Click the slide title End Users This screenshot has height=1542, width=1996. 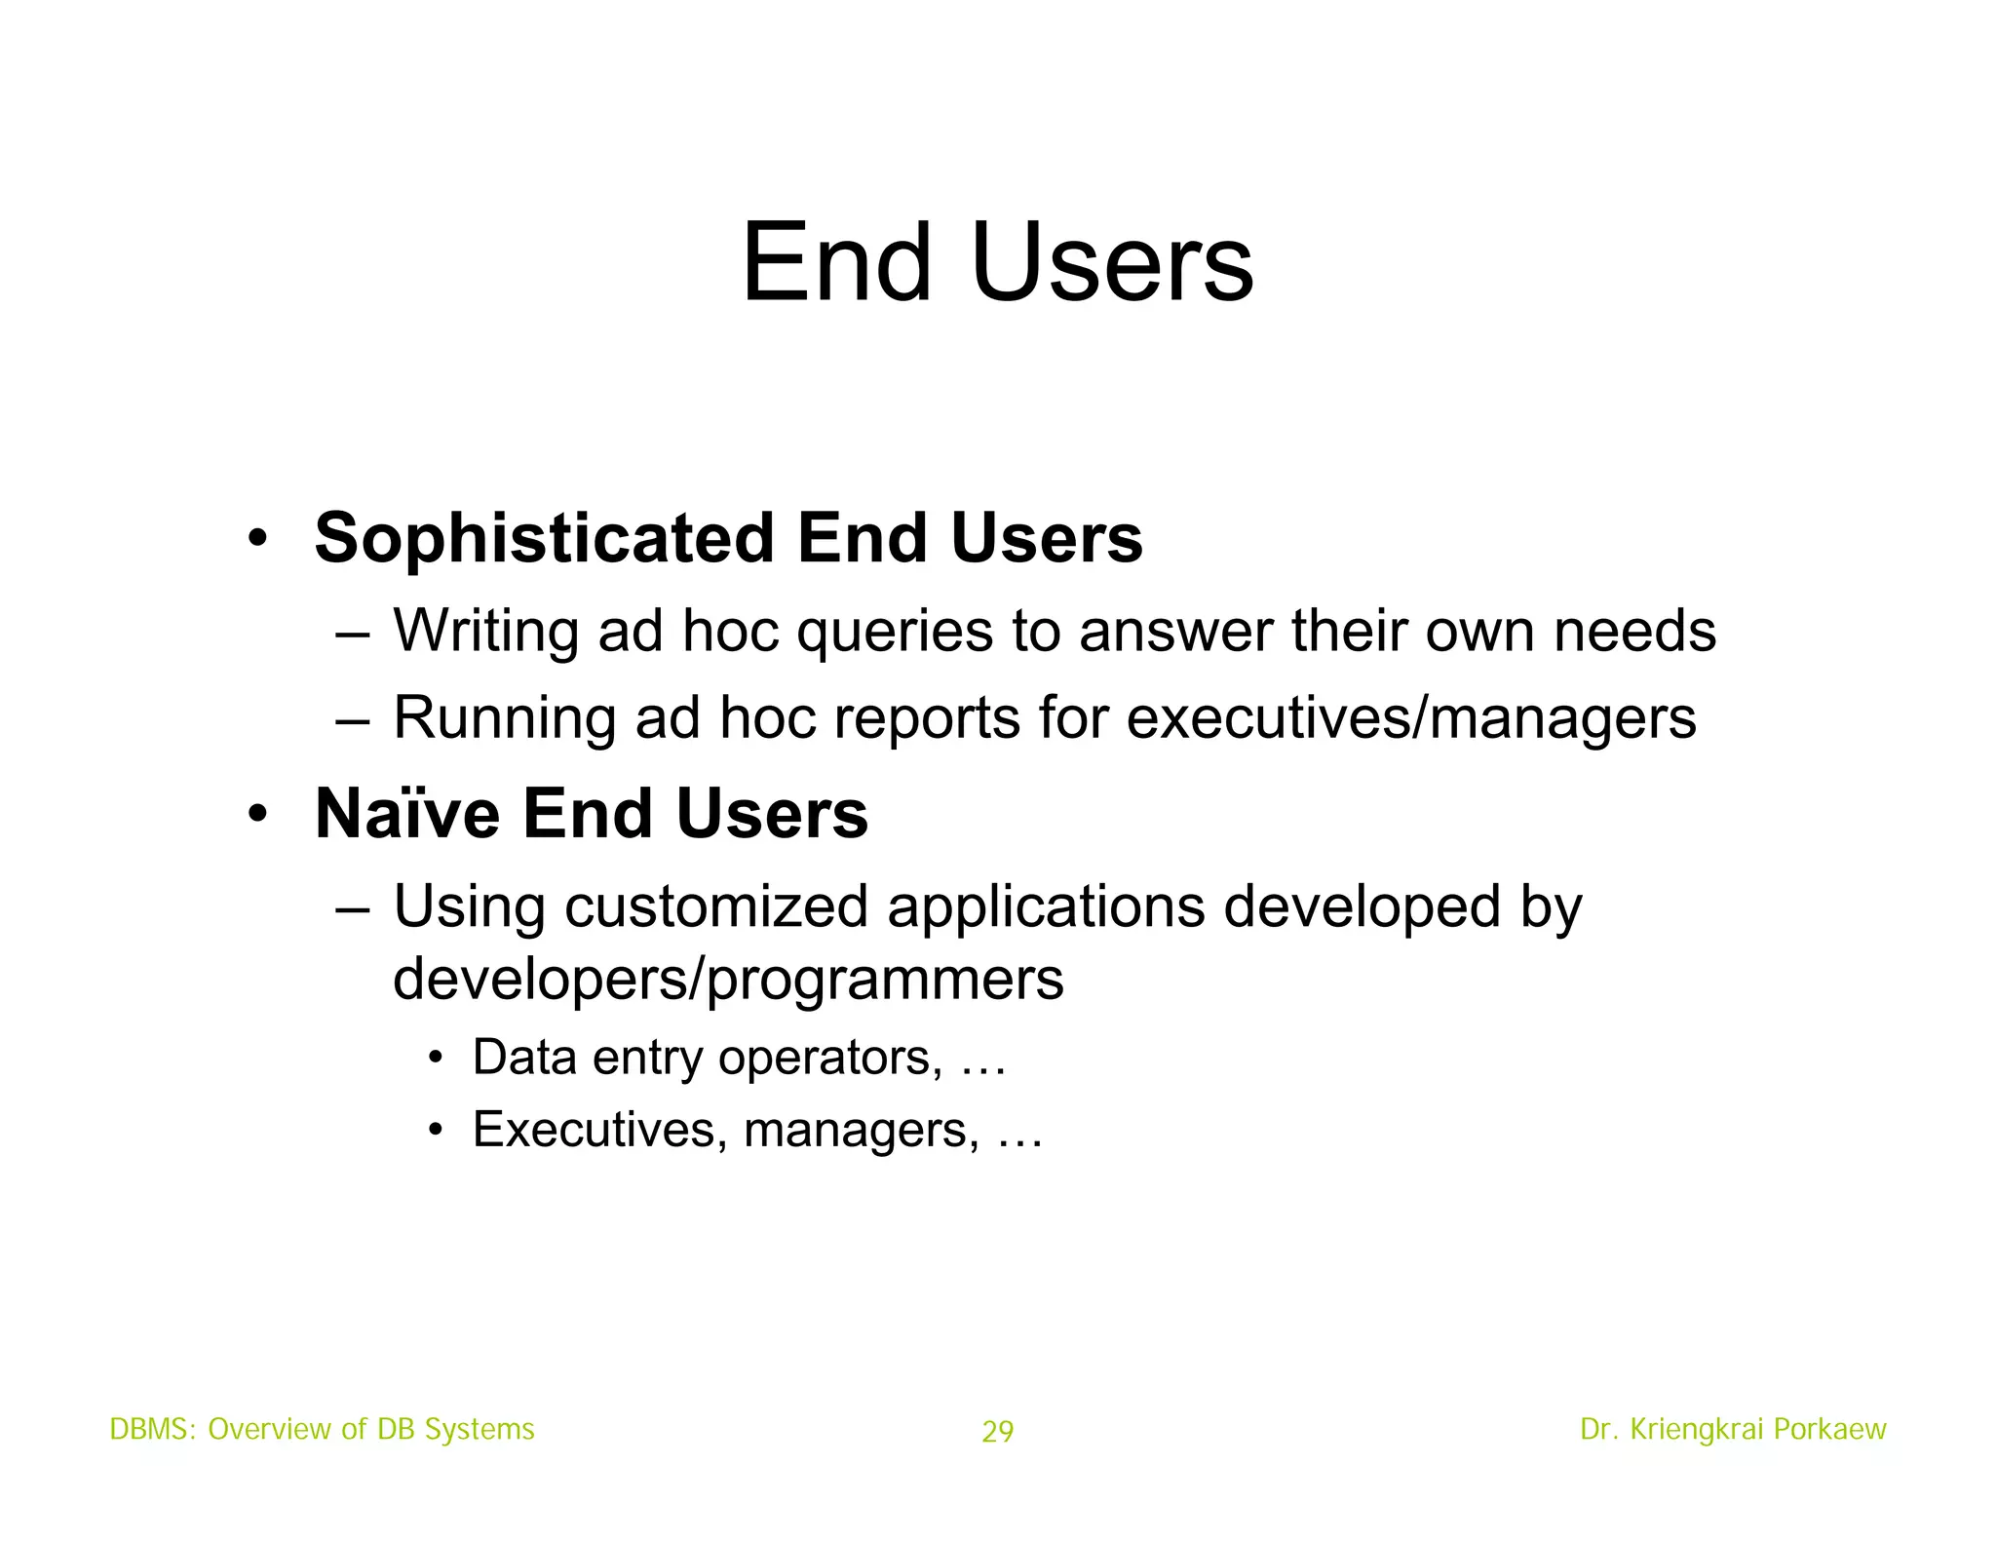[x=997, y=263]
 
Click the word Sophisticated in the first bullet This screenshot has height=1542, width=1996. [x=544, y=538]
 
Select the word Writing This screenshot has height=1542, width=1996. [x=485, y=631]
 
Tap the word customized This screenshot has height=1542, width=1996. [x=716, y=906]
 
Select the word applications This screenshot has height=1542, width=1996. [x=1046, y=906]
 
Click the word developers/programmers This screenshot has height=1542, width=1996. [x=728, y=979]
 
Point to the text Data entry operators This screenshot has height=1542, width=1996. [x=707, y=1058]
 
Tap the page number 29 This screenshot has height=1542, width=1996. [x=997, y=1432]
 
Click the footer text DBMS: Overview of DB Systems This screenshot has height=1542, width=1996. [x=322, y=1429]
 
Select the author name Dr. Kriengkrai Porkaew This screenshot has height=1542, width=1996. [x=1733, y=1429]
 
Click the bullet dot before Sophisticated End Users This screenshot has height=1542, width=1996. [x=256, y=539]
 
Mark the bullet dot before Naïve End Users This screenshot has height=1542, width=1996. [x=256, y=814]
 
